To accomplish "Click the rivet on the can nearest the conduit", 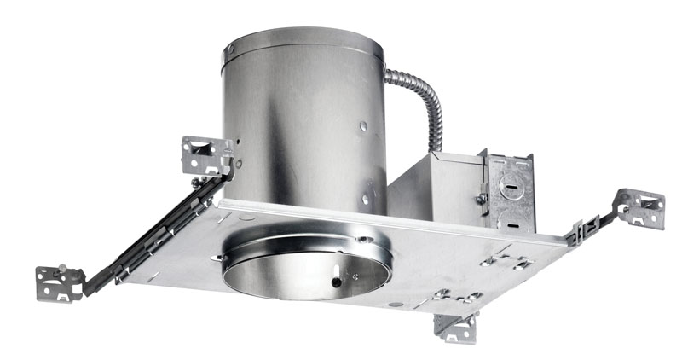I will tap(364, 126).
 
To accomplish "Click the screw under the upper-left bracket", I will tap(197, 181).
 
